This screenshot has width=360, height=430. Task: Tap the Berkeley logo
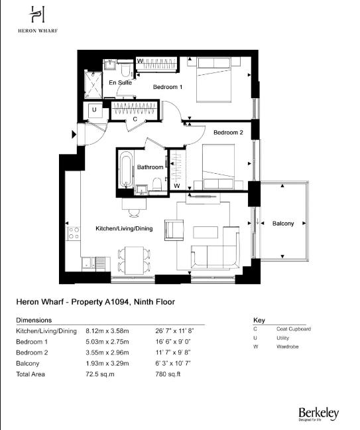click(318, 414)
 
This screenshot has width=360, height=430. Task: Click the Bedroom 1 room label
click(168, 87)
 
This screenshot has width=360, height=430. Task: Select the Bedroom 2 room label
click(227, 132)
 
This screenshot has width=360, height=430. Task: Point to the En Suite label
click(121, 83)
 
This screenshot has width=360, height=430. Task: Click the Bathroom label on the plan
click(150, 167)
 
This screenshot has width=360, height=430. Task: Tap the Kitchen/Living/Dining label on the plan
click(125, 228)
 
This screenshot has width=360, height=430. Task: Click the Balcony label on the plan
click(283, 224)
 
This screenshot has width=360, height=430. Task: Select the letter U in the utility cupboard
click(94, 109)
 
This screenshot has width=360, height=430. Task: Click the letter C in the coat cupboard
click(135, 119)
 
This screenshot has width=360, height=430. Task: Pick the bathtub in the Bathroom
click(125, 171)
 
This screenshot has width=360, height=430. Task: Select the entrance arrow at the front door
click(74, 135)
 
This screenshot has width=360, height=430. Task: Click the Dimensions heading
click(33, 319)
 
